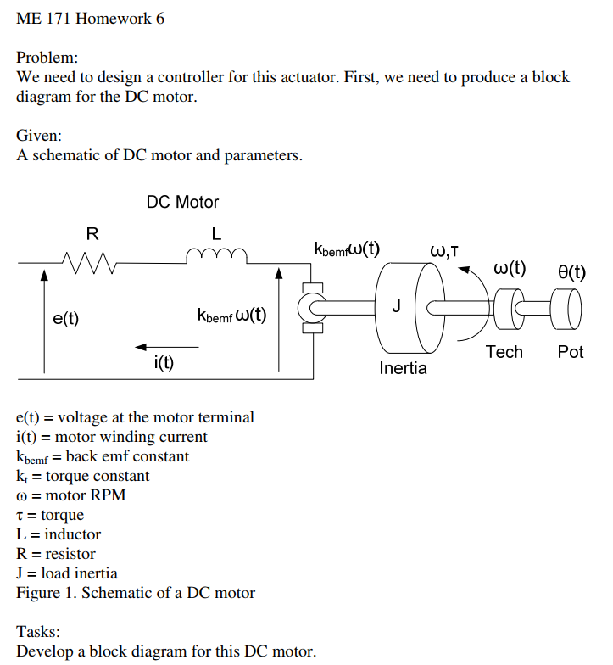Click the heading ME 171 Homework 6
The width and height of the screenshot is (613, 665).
point(91,19)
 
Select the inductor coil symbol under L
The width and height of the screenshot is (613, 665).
point(217,254)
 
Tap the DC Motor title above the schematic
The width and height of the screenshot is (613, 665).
point(182,203)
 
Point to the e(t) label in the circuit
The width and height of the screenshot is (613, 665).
point(65,319)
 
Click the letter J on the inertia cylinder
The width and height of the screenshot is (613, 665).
point(396,305)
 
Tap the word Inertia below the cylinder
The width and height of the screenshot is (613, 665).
point(404,369)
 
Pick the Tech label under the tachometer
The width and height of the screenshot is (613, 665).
point(504,352)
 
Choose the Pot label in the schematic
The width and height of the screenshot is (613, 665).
point(571,352)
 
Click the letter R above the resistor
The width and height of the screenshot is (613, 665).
point(92,233)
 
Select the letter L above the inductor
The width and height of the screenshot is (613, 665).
point(216,233)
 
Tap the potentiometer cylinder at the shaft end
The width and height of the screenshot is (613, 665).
point(566,309)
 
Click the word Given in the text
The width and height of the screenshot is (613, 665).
point(39,136)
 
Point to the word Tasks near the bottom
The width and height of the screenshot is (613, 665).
point(38,632)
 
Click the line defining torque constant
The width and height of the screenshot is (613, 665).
point(83,476)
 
